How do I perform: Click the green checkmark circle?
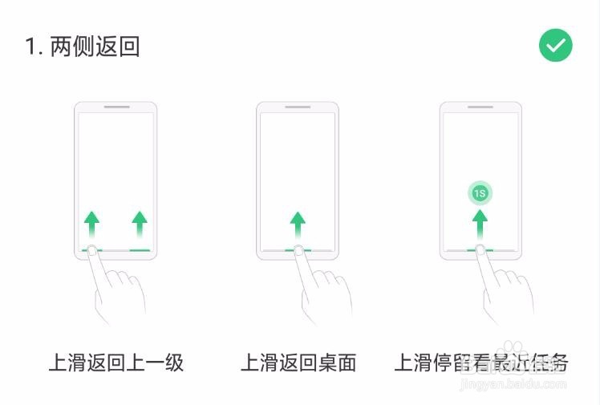[x=555, y=46]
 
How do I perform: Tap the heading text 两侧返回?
[x=95, y=47]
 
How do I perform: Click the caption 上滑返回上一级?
[x=116, y=362]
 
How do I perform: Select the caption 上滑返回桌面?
[x=298, y=362]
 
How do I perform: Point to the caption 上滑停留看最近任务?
[x=480, y=362]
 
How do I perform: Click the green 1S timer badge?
[x=480, y=193]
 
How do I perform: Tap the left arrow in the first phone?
[x=92, y=224]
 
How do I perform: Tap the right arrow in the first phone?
[x=140, y=224]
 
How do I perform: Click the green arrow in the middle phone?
[x=298, y=224]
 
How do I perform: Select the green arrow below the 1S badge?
[x=480, y=224]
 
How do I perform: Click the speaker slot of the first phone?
[x=116, y=107]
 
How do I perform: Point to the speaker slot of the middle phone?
[x=298, y=107]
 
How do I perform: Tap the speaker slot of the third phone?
[x=480, y=107]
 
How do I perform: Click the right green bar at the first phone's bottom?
[x=140, y=250]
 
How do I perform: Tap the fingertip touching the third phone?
[x=480, y=251]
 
